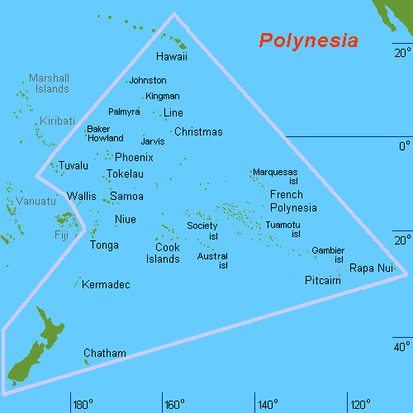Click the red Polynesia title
point(308,40)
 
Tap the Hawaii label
point(172,57)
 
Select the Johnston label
point(149,80)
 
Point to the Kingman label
point(162,96)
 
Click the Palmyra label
point(124,111)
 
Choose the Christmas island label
point(199,131)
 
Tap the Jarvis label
point(154,141)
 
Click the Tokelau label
point(125,174)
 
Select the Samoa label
point(126,197)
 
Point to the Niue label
point(125,219)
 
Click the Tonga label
point(104,245)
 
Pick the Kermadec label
point(107,284)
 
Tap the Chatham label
point(105,353)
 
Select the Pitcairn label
point(323,281)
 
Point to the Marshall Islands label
point(49,83)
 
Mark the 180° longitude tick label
point(82,405)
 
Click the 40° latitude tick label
point(401,345)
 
